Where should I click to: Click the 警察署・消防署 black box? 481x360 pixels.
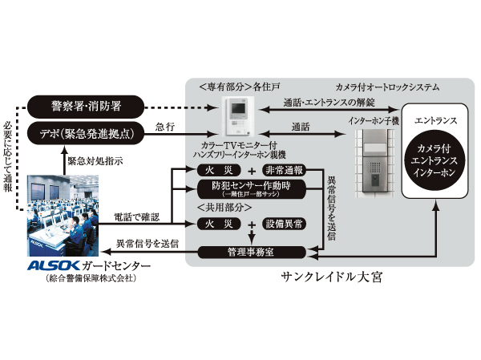(x=85, y=106)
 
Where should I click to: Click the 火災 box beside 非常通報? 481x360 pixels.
(x=218, y=170)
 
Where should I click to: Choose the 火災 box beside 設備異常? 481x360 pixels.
(x=218, y=225)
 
